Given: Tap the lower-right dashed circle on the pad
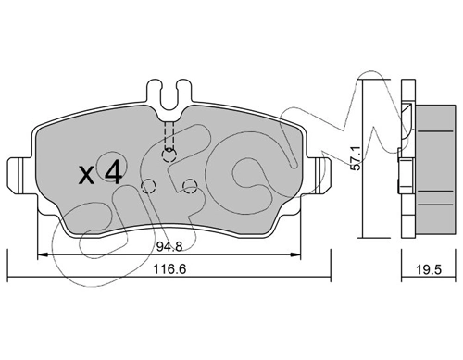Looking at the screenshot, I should (x=190, y=188).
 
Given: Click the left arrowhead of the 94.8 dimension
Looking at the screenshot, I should (x=40, y=255).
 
